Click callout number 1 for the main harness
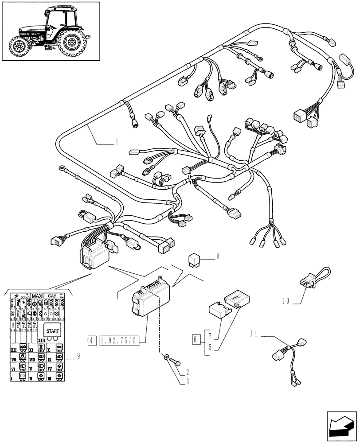[x=116, y=142]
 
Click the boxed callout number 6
[x=196, y=340]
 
